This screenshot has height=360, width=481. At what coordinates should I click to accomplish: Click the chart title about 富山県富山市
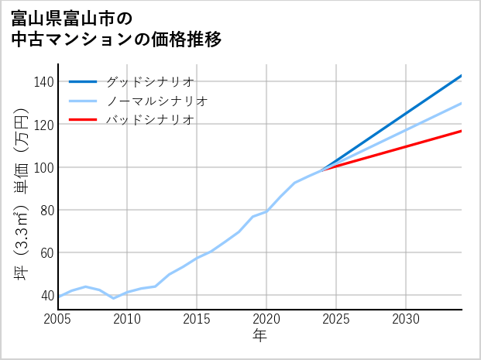(x=116, y=28)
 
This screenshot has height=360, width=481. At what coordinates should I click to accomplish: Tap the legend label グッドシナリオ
(x=149, y=81)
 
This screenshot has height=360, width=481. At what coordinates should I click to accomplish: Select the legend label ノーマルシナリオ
(x=156, y=101)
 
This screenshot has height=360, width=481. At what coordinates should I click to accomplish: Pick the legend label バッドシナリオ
(x=149, y=120)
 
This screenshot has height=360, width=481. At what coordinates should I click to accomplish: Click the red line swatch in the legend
(x=83, y=120)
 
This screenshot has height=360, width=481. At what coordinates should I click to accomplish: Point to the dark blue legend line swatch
(x=83, y=81)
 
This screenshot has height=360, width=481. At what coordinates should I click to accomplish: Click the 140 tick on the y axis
(x=44, y=82)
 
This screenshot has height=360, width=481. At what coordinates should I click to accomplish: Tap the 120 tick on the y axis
(x=44, y=125)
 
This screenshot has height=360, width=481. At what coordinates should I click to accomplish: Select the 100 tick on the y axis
(x=44, y=167)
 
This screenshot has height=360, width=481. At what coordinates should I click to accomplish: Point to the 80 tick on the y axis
(x=46, y=210)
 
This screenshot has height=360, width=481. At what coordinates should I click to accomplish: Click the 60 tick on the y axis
(x=46, y=252)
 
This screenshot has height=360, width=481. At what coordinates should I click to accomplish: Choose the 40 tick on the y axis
(x=46, y=295)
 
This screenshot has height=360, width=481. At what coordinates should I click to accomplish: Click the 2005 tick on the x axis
(x=58, y=319)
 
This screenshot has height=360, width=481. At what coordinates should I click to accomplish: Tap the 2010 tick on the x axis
(x=128, y=319)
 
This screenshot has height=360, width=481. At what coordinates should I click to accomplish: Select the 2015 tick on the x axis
(x=198, y=319)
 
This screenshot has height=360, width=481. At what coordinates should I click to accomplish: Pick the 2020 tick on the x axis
(x=267, y=319)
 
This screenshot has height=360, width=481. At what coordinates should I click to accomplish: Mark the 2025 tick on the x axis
(x=337, y=319)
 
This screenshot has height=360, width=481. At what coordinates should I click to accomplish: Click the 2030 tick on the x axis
(x=407, y=319)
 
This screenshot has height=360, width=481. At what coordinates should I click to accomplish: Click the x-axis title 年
(x=260, y=336)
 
